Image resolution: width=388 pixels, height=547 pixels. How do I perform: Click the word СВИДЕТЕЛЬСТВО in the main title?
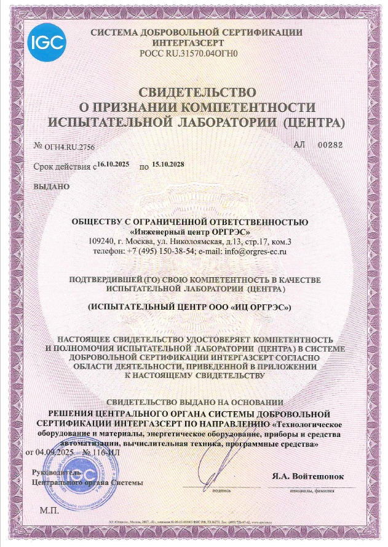(x=196, y=93)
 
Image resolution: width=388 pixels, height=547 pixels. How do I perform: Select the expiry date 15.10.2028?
(x=168, y=163)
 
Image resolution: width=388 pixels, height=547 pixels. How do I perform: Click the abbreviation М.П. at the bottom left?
(x=48, y=510)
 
